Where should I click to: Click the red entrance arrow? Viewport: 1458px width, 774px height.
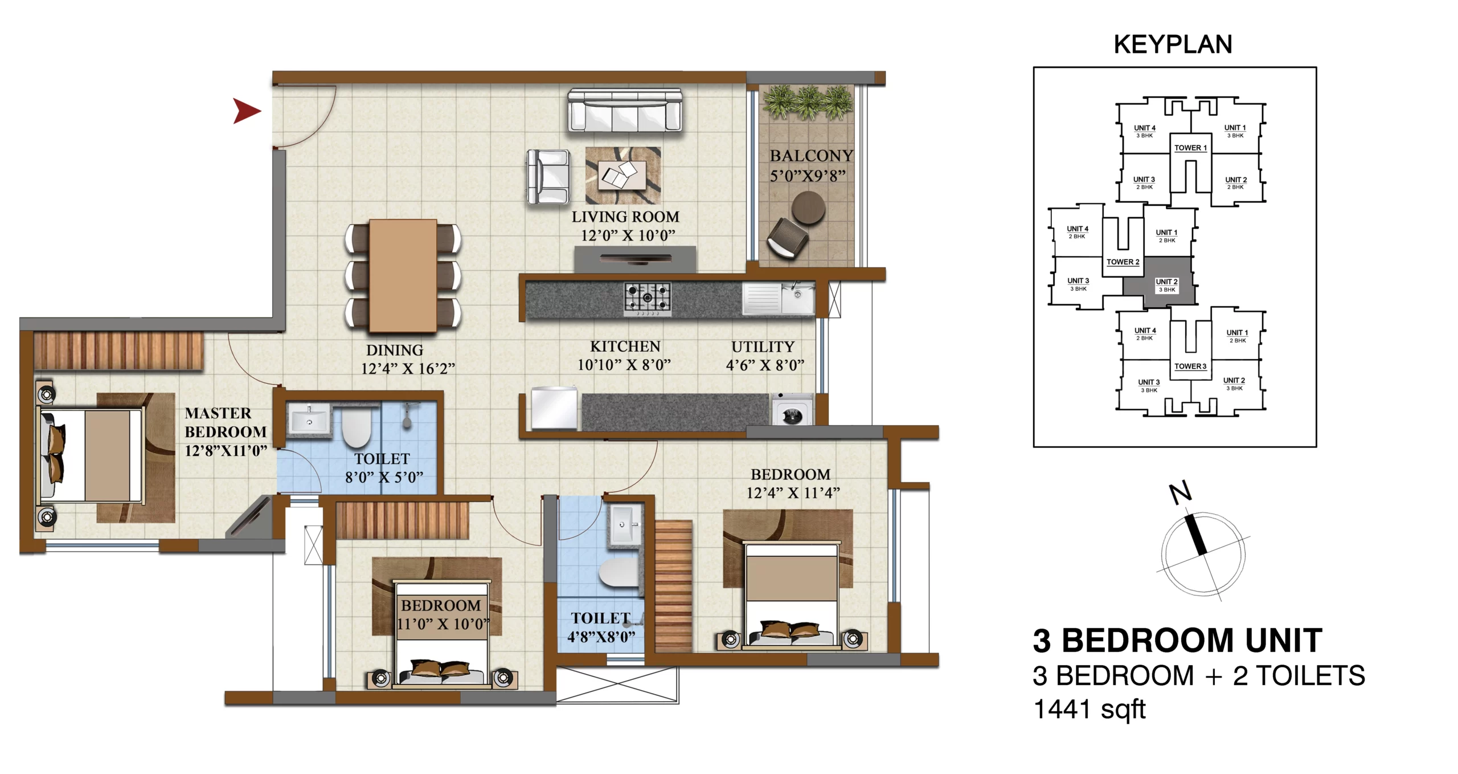[x=246, y=111]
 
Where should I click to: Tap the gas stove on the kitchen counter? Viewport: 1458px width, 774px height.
[x=648, y=299]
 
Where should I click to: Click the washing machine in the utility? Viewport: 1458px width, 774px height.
[x=792, y=410]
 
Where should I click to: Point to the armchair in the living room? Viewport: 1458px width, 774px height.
[x=548, y=176]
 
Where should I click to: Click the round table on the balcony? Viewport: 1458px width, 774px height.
[x=808, y=207]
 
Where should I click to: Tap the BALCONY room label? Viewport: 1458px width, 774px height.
[x=811, y=156]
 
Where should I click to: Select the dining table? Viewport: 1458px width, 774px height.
[x=403, y=276]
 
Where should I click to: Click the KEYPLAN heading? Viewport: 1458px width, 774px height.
[x=1173, y=44]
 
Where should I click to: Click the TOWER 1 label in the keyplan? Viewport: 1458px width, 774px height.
[x=1190, y=148]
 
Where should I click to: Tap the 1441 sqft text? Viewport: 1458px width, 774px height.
[x=1089, y=710]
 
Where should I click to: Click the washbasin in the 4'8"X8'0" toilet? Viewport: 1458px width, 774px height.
[x=625, y=525]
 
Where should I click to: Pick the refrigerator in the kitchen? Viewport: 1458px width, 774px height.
[x=554, y=408]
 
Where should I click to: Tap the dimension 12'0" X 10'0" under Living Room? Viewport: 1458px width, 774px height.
[x=628, y=235]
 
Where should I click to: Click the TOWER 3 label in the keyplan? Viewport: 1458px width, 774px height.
[x=1190, y=366]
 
